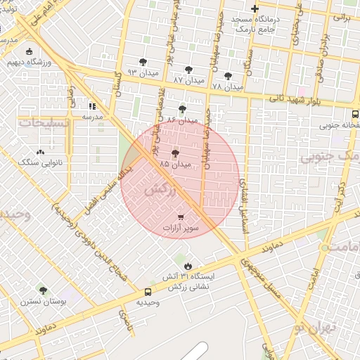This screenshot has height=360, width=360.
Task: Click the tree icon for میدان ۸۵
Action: [175, 153]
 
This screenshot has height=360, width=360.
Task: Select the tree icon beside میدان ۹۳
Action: [143, 62]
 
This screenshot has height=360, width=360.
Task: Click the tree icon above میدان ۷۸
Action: [227, 75]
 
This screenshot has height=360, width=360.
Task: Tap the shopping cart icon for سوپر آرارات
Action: [181, 217]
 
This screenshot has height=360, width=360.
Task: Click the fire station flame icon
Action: [188, 265]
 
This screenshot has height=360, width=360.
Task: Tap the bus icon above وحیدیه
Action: [148, 292]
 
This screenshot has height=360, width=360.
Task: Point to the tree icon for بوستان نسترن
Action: [43, 290]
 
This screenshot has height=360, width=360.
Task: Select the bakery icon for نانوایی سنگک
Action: [39, 151]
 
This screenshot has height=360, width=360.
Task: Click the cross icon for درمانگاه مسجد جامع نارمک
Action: [255, 9]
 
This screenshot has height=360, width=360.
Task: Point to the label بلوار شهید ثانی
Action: [296, 100]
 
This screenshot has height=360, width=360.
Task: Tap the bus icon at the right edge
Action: [355, 112]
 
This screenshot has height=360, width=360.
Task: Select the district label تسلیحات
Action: [45, 123]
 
